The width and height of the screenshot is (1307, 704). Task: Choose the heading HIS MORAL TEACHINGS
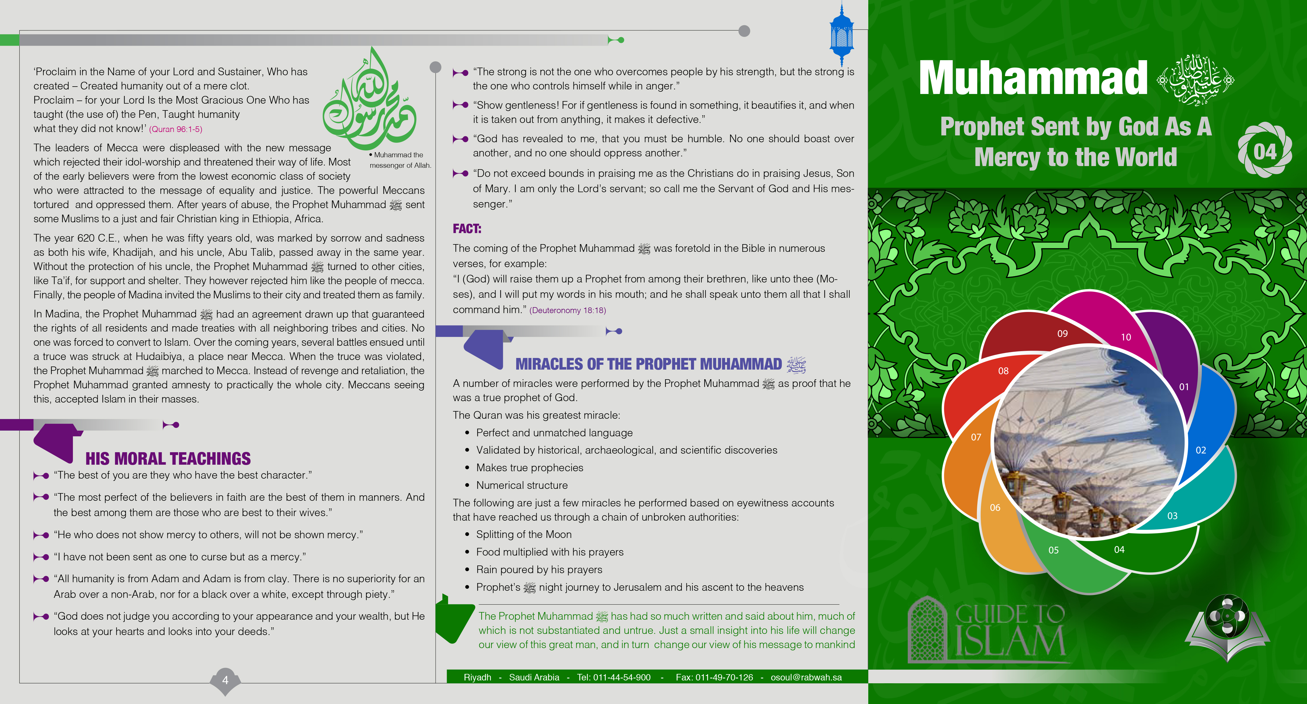pos(168,459)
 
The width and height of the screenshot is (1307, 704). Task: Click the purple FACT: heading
pos(467,229)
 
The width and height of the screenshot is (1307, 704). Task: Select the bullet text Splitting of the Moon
pos(524,535)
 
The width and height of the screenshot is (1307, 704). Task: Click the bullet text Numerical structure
pos(522,485)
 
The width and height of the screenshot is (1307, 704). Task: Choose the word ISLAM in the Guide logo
pos(1010,642)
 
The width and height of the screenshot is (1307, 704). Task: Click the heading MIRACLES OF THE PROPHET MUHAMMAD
pos(648,364)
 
